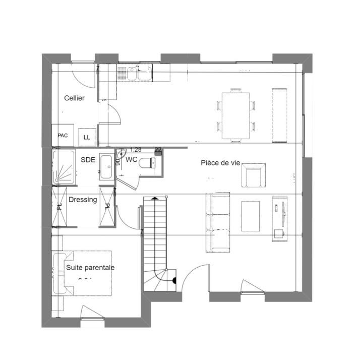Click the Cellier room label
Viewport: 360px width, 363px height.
click(x=74, y=98)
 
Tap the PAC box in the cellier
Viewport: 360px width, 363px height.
click(x=63, y=136)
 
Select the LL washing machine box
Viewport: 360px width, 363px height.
click(x=87, y=137)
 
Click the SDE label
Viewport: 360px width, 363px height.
click(x=88, y=160)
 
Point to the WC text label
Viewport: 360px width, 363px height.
click(x=132, y=159)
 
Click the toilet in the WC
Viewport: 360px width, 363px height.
click(x=148, y=163)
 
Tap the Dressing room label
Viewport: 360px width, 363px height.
click(x=83, y=200)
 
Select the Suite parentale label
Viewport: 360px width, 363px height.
click(x=90, y=268)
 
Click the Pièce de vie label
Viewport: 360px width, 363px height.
click(x=220, y=163)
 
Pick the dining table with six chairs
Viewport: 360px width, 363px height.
click(x=236, y=115)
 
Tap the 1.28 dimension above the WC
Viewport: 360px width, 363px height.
click(x=135, y=150)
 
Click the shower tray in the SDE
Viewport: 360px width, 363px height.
click(x=64, y=166)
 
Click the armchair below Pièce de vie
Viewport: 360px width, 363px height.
click(x=255, y=175)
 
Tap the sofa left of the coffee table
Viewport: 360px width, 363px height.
click(x=218, y=222)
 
